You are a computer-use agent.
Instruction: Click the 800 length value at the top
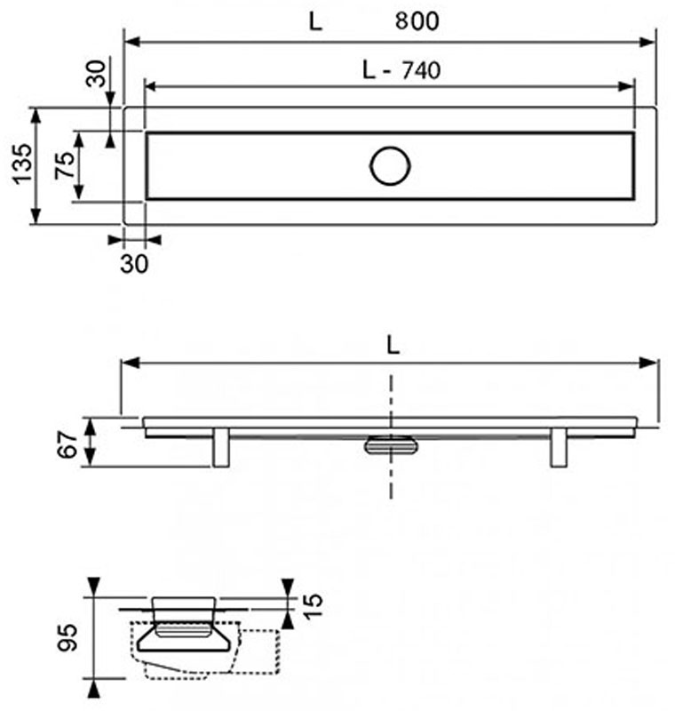pyautogui.click(x=417, y=20)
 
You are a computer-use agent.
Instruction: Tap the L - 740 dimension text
pyautogui.click(x=401, y=70)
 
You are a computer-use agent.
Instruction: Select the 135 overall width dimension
pyautogui.click(x=22, y=164)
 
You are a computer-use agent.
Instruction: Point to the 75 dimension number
pyautogui.click(x=64, y=165)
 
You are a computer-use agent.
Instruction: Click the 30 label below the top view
pyautogui.click(x=134, y=264)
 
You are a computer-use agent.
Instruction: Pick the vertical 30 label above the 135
pyautogui.click(x=96, y=73)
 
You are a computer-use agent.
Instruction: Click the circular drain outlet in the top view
pyautogui.click(x=390, y=166)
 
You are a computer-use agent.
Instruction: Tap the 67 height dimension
pyautogui.click(x=69, y=444)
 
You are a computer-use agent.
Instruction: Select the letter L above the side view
pyautogui.click(x=393, y=347)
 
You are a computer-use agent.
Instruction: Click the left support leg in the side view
pyautogui.click(x=221, y=447)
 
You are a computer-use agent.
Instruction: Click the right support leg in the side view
pyautogui.click(x=559, y=447)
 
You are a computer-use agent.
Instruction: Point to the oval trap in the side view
pyautogui.click(x=391, y=445)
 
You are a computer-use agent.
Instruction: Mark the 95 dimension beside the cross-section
pyautogui.click(x=68, y=637)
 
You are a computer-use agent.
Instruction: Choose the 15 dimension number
pyautogui.click(x=313, y=606)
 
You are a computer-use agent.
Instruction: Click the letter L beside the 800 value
pyautogui.click(x=315, y=21)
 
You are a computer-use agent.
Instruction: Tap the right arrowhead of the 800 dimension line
pyautogui.click(x=647, y=42)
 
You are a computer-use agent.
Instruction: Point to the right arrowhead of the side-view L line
pyautogui.click(x=648, y=363)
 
